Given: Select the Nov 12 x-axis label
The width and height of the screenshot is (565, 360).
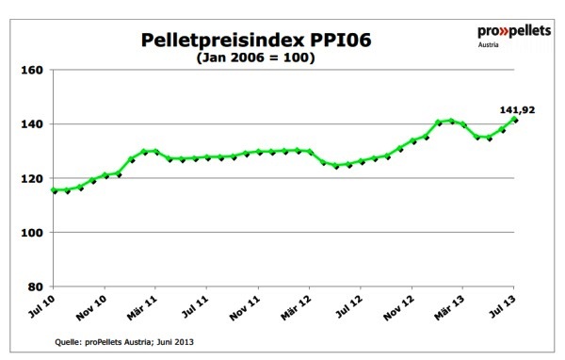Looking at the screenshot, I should (x=400, y=308).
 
